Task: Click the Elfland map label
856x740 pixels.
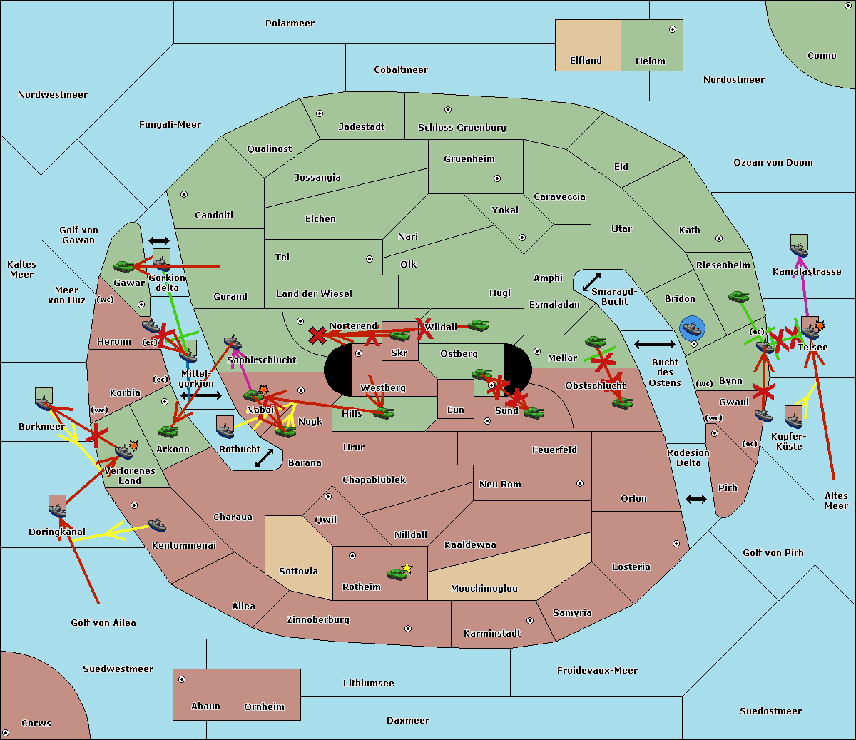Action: [x=586, y=61]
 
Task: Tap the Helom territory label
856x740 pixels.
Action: [x=650, y=61]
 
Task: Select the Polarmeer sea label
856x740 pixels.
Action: [x=290, y=24]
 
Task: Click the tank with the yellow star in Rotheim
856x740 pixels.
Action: [x=397, y=573]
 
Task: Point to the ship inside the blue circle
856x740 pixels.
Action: [x=692, y=328]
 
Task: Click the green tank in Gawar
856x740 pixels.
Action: [x=124, y=267]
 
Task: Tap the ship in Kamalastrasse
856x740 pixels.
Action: [x=800, y=246]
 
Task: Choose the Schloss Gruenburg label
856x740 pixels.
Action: [x=462, y=128]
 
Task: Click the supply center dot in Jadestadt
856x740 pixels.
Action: [x=320, y=113]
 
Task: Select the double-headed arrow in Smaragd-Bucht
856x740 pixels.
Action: [x=591, y=283]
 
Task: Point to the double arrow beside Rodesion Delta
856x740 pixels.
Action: [x=696, y=499]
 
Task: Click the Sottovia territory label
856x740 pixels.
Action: [x=298, y=572]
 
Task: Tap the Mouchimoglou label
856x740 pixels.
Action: [x=484, y=589]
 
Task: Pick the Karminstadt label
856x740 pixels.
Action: [x=492, y=634]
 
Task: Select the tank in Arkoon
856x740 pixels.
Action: [x=168, y=431]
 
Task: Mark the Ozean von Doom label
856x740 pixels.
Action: [x=773, y=163]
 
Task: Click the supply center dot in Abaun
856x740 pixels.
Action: [x=182, y=679]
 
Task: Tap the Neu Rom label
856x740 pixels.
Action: [x=500, y=485]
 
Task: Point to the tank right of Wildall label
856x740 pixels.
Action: [x=478, y=325]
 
